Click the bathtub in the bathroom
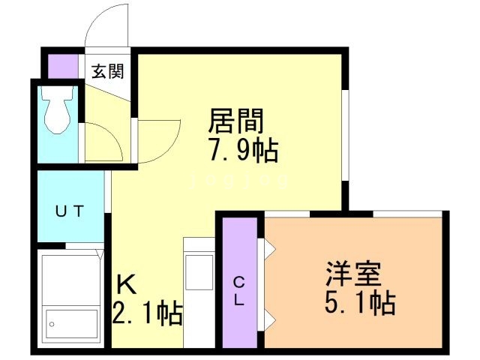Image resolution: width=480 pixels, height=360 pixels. click(x=71, y=300)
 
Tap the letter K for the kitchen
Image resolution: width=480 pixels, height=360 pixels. click(x=125, y=285)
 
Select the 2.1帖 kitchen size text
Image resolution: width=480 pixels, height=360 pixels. click(x=148, y=313)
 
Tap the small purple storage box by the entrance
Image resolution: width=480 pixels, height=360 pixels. click(x=61, y=64)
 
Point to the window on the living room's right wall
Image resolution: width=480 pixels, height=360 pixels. click(x=346, y=135)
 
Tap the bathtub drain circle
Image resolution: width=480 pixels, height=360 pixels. click(x=52, y=325)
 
